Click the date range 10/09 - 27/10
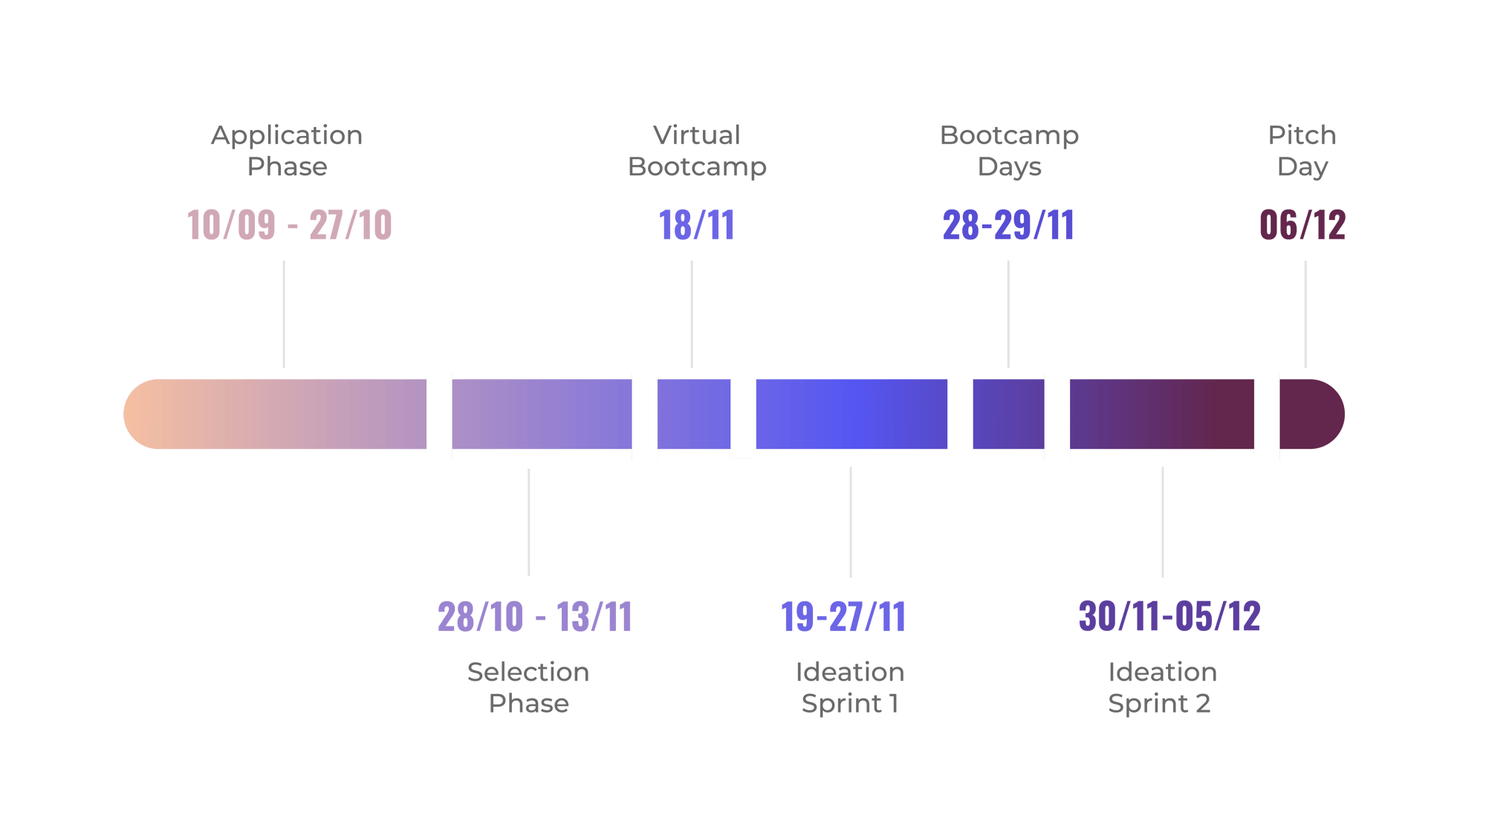coord(290,224)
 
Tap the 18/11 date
coord(696,224)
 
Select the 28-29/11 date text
coord(1008,224)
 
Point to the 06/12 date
coord(1302,224)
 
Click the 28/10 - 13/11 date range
coord(534,617)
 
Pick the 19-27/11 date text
coord(843,617)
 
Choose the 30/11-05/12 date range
coord(1169,616)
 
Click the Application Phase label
coord(287,151)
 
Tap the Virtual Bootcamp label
coord(697,151)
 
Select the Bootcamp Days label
coord(1009,151)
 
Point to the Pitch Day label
coord(1302,151)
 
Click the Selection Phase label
coord(528,687)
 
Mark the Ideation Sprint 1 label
coord(850,687)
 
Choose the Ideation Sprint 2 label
coord(1161,687)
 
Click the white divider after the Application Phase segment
coord(439,416)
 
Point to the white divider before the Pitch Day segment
coord(1267,416)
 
